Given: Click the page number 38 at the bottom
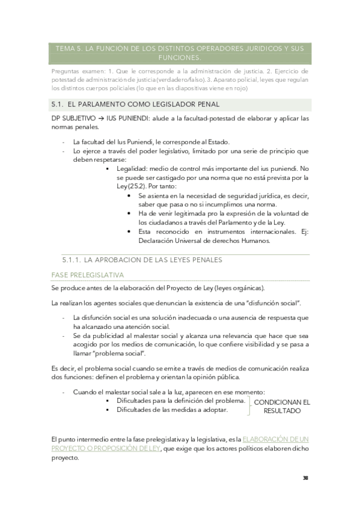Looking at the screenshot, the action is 305,478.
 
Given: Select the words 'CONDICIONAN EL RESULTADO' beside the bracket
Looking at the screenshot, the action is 282,407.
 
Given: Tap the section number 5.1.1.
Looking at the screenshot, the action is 71,260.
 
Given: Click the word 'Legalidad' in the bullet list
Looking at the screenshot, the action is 134,169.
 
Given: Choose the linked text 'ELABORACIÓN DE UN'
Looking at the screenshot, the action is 276,440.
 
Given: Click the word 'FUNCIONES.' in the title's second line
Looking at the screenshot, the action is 180,58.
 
